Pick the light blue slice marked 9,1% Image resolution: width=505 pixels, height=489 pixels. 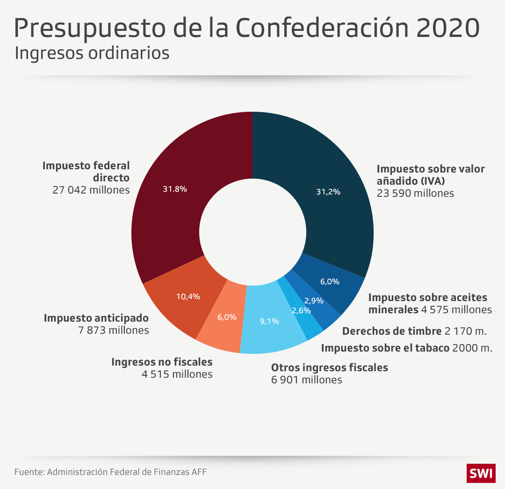270,323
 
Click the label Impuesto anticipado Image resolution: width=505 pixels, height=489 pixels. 96,318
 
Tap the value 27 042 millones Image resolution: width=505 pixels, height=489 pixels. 91,190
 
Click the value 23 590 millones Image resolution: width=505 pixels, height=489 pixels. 415,193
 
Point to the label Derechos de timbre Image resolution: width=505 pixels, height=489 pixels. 392,331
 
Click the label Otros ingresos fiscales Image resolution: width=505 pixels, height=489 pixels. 330,367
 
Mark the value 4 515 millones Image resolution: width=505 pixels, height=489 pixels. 177,374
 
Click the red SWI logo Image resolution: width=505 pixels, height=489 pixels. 480,473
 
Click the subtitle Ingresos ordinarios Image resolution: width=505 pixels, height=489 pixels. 92,53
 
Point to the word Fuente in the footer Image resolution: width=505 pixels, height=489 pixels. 29,472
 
